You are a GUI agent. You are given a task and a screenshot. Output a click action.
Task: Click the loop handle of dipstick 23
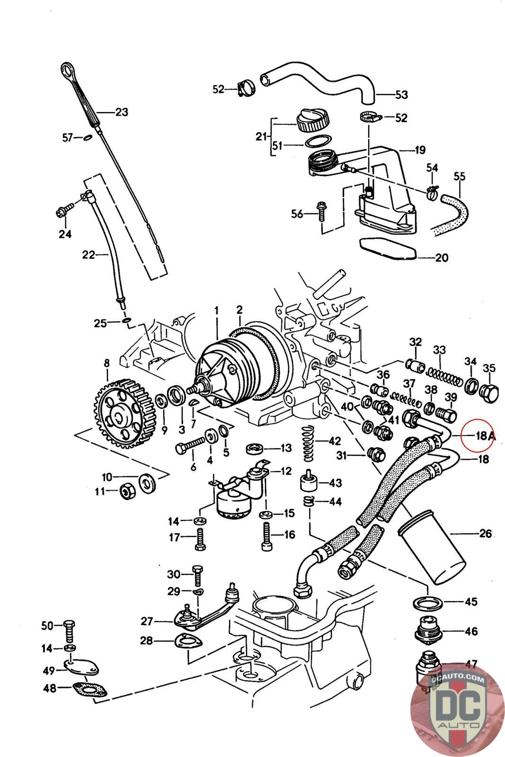[x=68, y=71]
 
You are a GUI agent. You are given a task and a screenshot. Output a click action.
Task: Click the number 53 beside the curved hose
[x=401, y=95]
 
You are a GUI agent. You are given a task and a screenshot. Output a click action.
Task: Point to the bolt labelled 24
[x=64, y=211]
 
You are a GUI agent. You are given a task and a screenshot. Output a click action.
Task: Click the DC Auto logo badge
[x=457, y=710]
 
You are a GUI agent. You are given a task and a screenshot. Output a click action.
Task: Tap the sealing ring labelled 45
[x=428, y=603]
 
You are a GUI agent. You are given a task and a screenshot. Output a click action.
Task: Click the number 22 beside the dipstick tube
[x=89, y=255]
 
